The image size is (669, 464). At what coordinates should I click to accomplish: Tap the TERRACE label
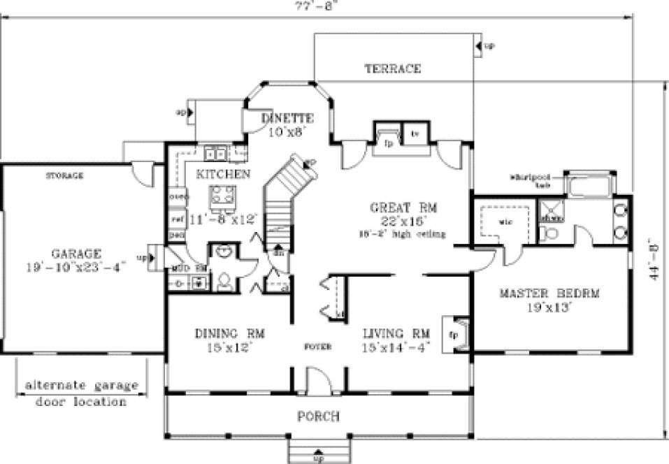click(392, 68)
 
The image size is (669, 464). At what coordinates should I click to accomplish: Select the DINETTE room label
click(287, 117)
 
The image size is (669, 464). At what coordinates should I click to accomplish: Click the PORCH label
click(318, 416)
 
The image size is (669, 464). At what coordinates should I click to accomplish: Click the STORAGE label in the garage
click(64, 175)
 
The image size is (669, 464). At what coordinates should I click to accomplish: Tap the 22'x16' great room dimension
click(403, 220)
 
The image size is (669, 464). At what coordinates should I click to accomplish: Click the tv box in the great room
click(415, 133)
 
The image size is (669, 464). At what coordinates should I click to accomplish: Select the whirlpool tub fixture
click(589, 186)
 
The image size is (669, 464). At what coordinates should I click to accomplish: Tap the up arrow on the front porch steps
click(319, 454)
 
